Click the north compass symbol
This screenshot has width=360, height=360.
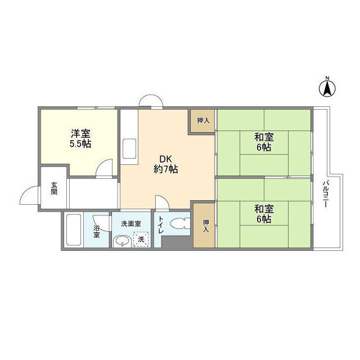(x=327, y=88)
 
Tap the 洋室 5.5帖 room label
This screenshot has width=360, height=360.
(x=80, y=138)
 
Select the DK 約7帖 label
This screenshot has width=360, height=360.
(x=165, y=164)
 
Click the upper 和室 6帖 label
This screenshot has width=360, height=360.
(x=264, y=142)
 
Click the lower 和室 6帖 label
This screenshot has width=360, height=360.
(x=264, y=214)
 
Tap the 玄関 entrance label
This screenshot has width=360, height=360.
(x=54, y=188)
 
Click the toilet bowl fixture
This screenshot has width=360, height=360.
(x=181, y=223)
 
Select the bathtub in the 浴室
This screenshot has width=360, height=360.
(x=74, y=230)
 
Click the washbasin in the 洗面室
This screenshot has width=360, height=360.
(x=123, y=241)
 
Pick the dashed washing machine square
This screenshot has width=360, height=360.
(x=141, y=239)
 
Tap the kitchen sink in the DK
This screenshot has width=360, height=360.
(x=129, y=148)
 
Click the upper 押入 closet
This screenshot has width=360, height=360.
(x=203, y=121)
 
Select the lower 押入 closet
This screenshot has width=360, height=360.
(x=205, y=226)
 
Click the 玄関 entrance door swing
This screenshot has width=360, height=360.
(x=30, y=195)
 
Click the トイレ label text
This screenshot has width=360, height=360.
(x=160, y=225)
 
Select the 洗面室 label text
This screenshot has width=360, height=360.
(x=131, y=224)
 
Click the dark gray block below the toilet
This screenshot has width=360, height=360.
(x=177, y=242)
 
